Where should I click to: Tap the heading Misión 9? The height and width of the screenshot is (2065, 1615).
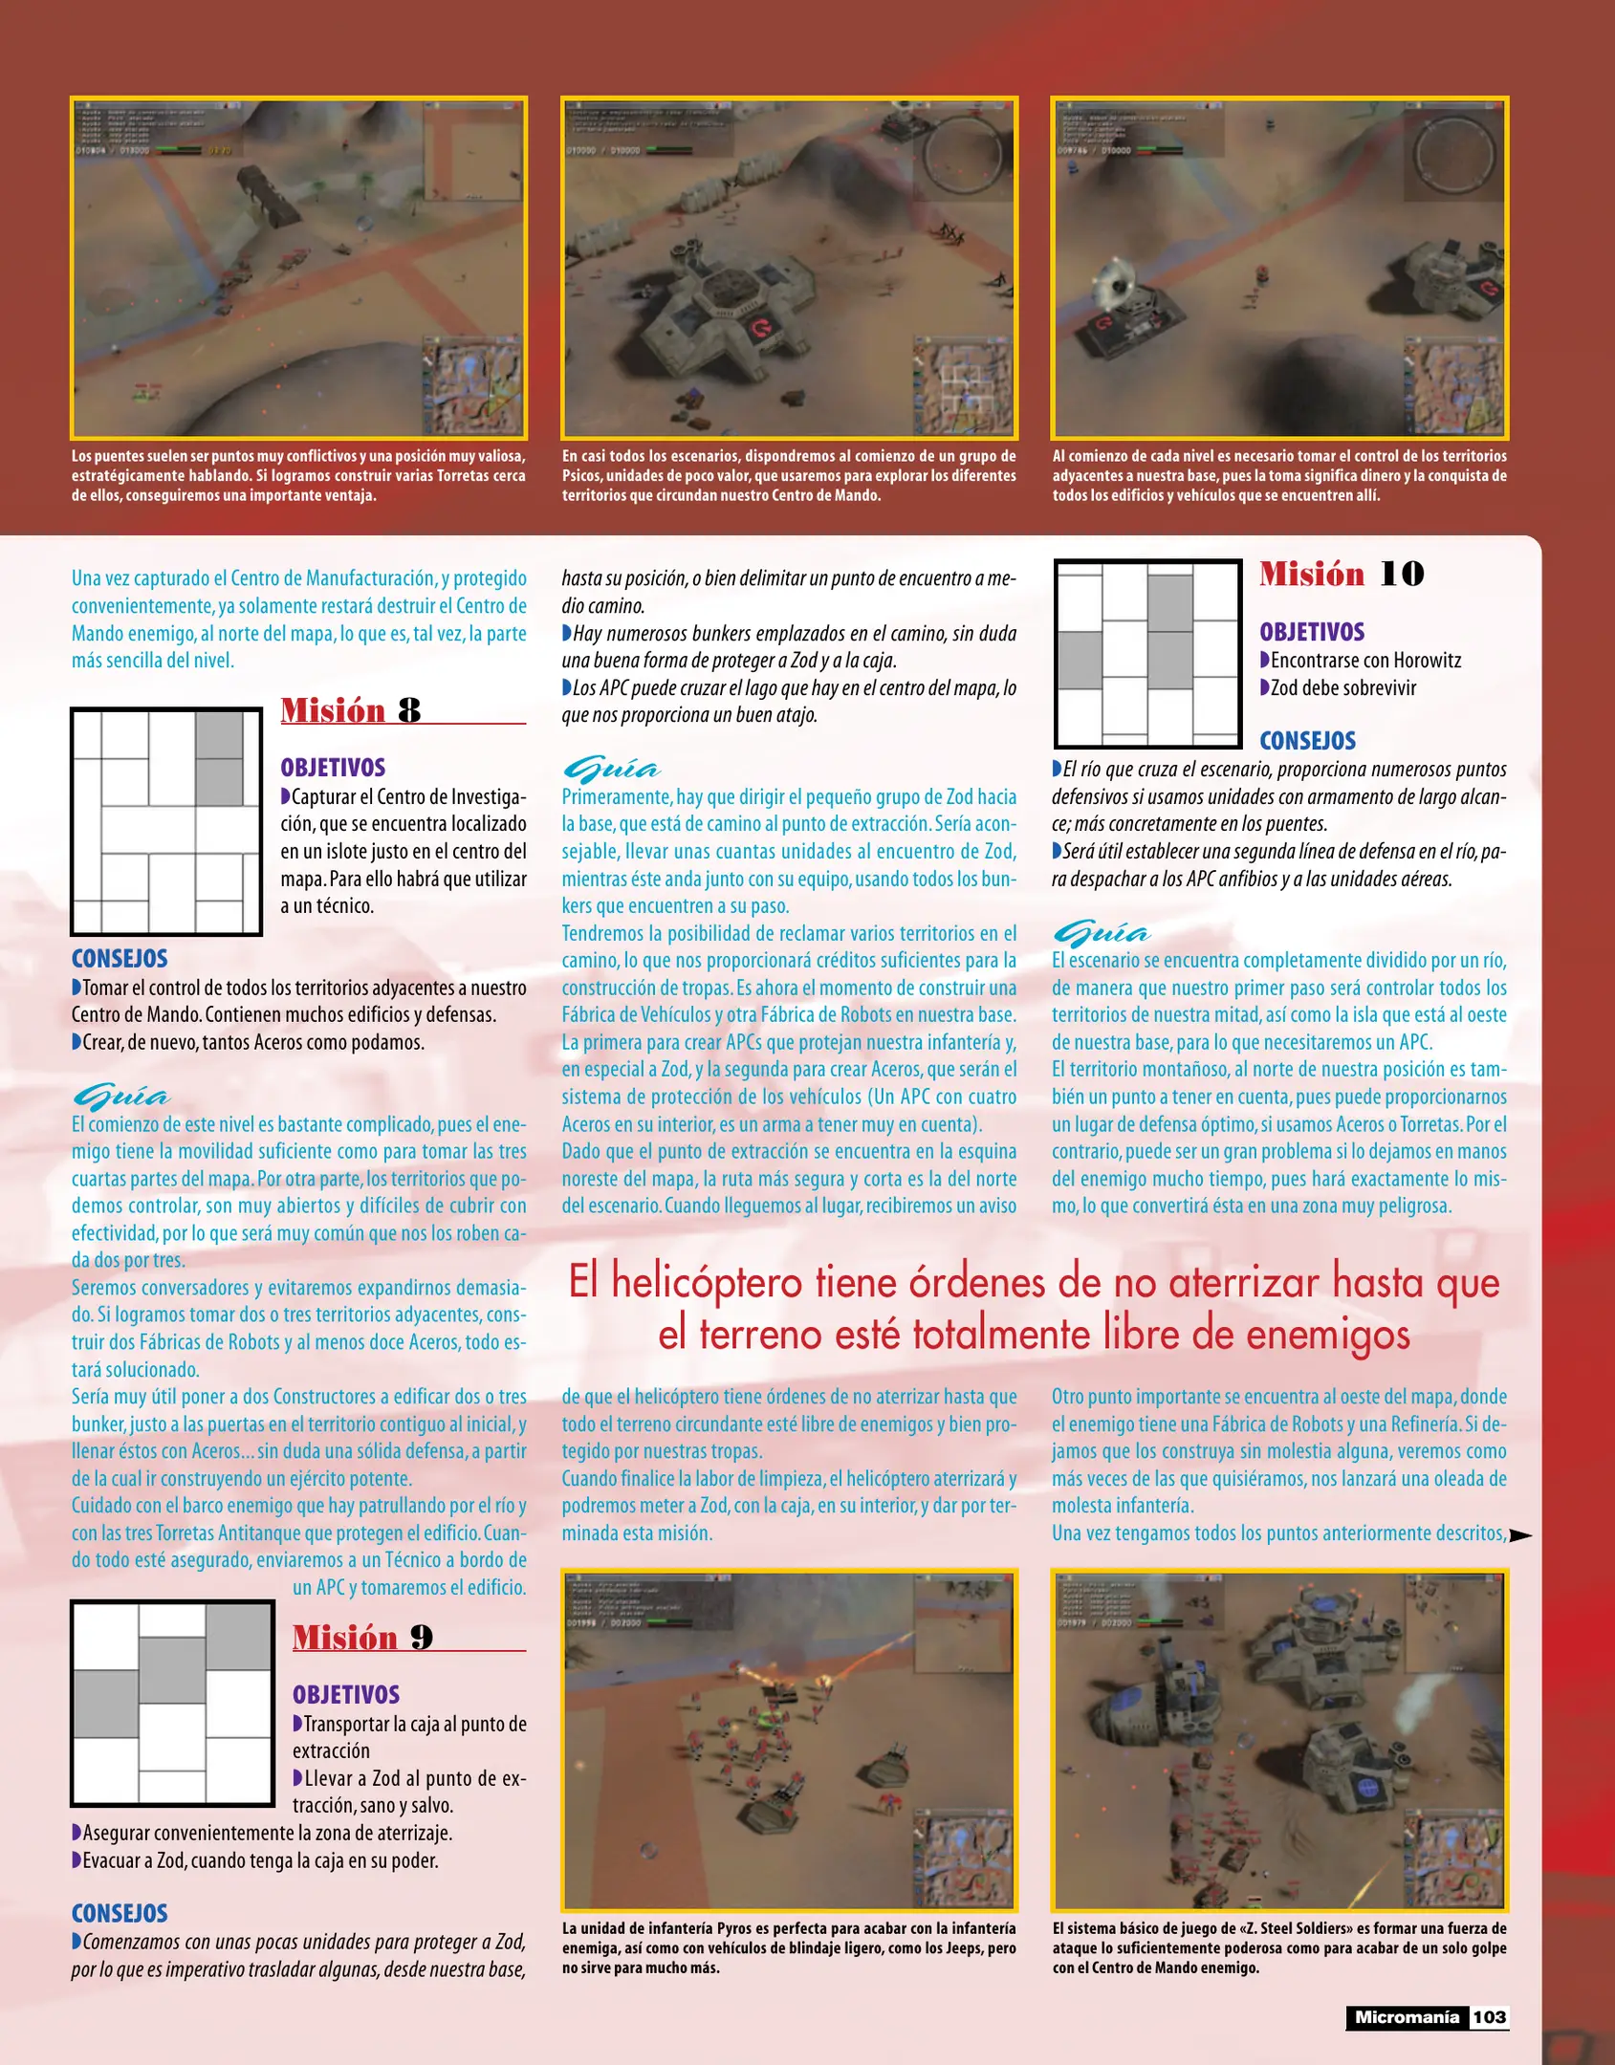362,1637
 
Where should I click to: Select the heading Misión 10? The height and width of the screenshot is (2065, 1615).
1341,574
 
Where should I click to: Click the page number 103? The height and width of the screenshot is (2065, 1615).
1489,2017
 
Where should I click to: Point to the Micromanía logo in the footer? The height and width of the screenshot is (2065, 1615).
1407,2017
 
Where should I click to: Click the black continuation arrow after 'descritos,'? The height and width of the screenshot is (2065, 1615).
1520,1535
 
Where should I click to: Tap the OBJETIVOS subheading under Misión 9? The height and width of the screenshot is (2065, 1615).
345,1694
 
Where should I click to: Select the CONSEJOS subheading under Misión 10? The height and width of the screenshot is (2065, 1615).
1307,741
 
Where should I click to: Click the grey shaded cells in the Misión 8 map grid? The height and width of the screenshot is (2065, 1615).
219,759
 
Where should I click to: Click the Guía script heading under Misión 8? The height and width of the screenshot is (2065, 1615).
120,1096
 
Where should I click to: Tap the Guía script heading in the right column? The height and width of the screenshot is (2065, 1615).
1102,932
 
